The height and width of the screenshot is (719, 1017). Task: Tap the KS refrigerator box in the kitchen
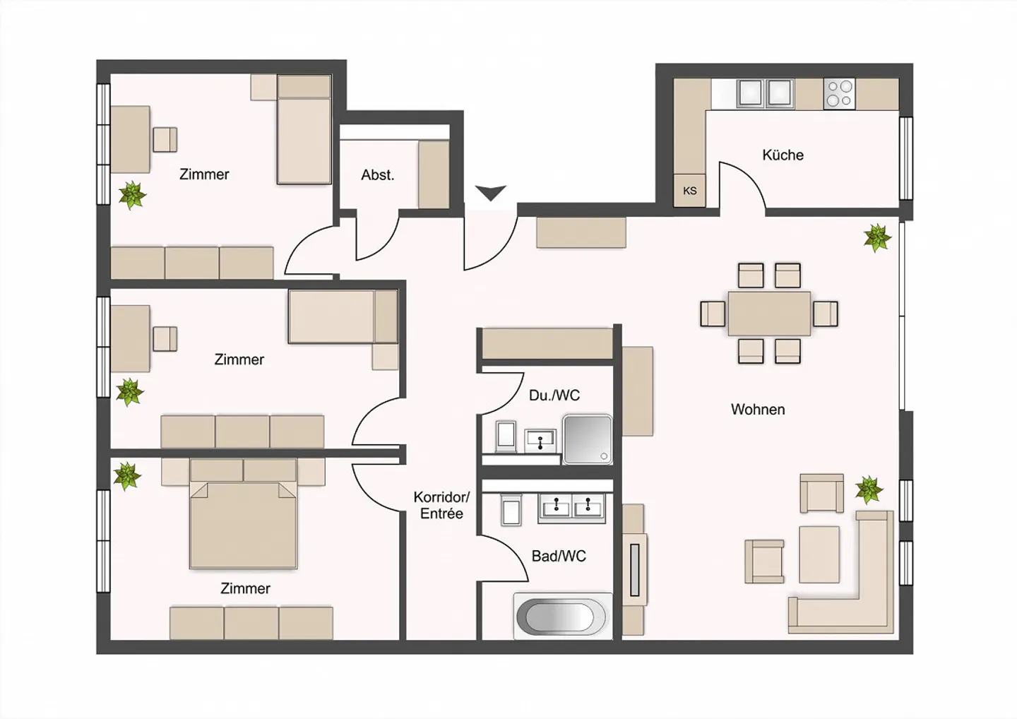pyautogui.click(x=690, y=191)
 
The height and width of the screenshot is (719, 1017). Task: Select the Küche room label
pyautogui.click(x=783, y=155)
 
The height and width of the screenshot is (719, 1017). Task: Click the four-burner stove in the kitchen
pyautogui.click(x=839, y=94)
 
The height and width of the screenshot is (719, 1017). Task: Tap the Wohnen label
pyautogui.click(x=757, y=410)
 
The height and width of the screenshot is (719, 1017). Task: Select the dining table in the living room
pyautogui.click(x=769, y=313)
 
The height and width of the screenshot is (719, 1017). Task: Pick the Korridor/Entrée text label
pyautogui.click(x=441, y=506)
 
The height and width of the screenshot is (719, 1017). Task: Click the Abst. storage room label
pyautogui.click(x=377, y=175)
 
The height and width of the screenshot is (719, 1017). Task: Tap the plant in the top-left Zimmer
pyautogui.click(x=131, y=195)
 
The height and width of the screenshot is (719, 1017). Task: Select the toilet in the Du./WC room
pyautogui.click(x=506, y=436)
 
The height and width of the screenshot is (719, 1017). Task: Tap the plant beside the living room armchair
pyautogui.click(x=869, y=489)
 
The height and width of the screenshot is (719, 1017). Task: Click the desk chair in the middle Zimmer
pyautogui.click(x=165, y=338)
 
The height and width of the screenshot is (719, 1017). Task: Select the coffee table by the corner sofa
pyautogui.click(x=819, y=554)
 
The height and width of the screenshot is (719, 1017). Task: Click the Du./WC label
pyautogui.click(x=554, y=396)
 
